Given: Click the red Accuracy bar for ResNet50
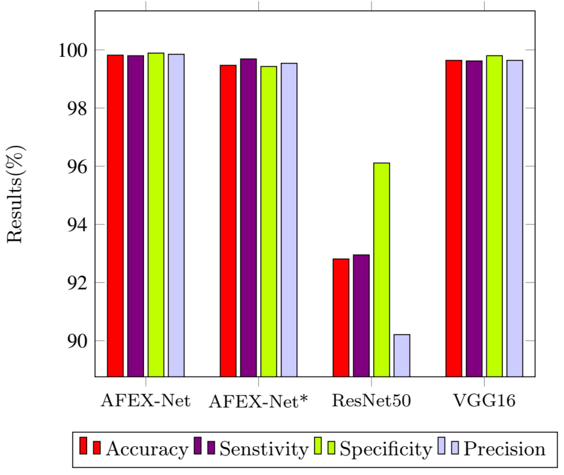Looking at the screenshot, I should point(341,318).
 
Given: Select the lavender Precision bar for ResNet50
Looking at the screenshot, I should point(402,355).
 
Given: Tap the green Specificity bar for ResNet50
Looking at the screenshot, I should point(382,269).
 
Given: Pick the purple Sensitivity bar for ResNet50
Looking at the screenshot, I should point(361,315).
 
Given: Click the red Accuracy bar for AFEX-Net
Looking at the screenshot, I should point(115,215).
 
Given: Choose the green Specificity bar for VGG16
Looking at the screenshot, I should point(494,215).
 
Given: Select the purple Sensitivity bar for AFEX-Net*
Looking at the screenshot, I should point(248,215).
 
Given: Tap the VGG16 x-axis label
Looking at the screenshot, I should point(484,401).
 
